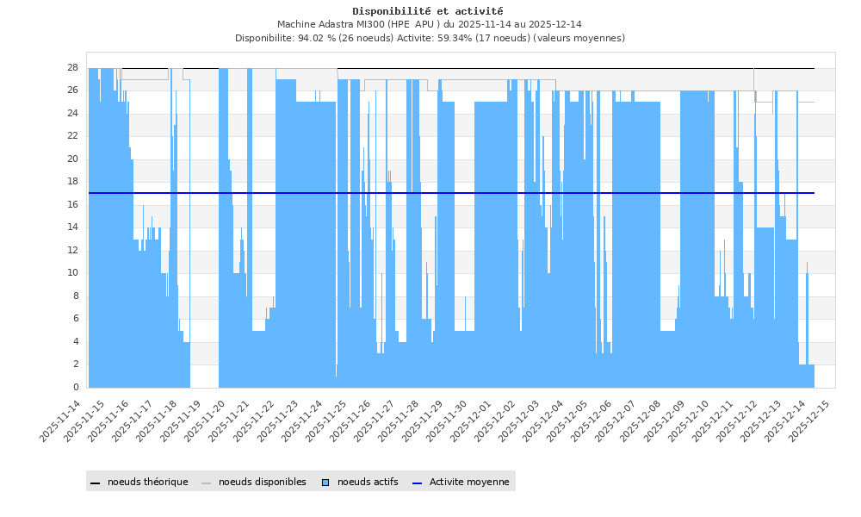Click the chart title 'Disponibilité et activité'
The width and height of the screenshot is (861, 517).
pyautogui.click(x=428, y=11)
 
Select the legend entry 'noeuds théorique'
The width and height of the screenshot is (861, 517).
pyautogui.click(x=147, y=482)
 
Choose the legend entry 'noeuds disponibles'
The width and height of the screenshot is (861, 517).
pyautogui.click(x=262, y=482)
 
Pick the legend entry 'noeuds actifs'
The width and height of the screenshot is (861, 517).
pyautogui.click(x=368, y=482)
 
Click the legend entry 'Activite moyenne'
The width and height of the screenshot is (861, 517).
pyautogui.click(x=469, y=482)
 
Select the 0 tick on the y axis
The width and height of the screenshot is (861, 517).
pyautogui.click(x=77, y=387)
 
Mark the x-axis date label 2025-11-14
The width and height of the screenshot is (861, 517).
pyautogui.click(x=62, y=421)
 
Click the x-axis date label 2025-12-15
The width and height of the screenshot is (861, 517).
pyautogui.click(x=810, y=421)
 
